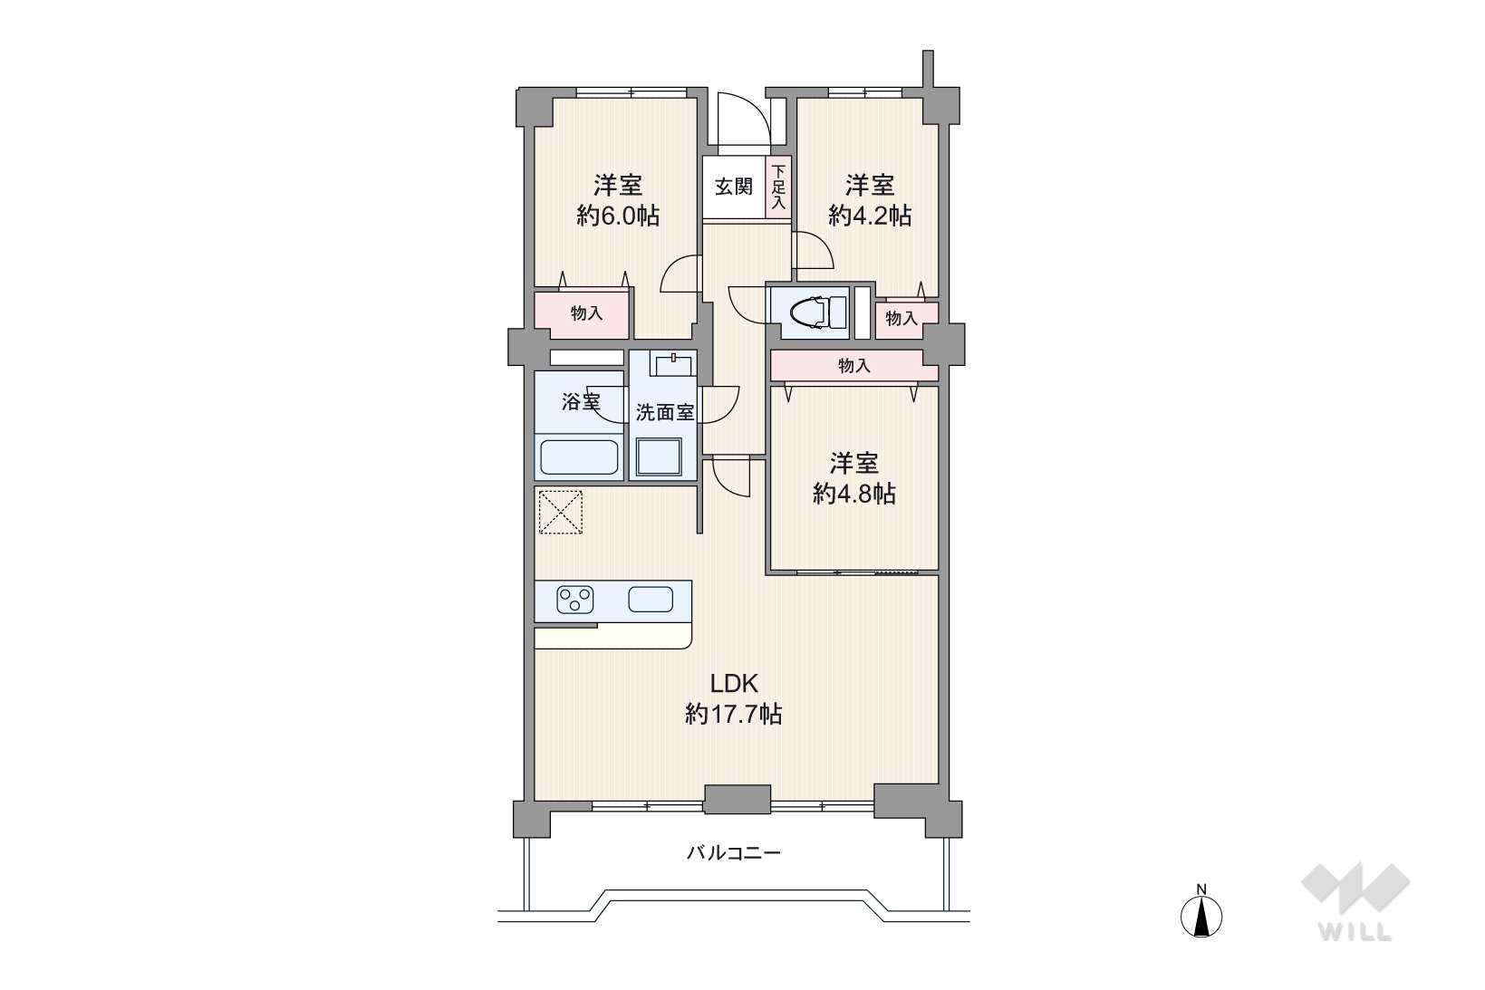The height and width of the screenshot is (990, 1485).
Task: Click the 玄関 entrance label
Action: (x=733, y=187)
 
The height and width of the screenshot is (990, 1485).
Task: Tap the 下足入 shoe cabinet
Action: (x=778, y=187)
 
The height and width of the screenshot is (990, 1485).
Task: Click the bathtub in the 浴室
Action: (x=580, y=457)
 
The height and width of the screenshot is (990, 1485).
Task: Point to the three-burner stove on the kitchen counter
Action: (x=574, y=601)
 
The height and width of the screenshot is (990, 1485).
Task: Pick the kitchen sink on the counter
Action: (x=651, y=600)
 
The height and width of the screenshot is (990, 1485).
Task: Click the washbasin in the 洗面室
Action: (x=672, y=364)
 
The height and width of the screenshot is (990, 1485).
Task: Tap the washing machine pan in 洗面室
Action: (x=659, y=457)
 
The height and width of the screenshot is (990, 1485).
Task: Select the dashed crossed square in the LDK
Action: (x=560, y=512)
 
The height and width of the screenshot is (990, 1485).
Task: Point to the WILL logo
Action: (x=1355, y=901)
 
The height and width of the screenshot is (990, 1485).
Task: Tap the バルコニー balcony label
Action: (x=733, y=852)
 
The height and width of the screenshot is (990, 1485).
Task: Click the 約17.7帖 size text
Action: (x=733, y=714)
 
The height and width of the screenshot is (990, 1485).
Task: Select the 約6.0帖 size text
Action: (x=618, y=216)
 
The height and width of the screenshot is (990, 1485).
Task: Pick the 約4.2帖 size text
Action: (x=870, y=216)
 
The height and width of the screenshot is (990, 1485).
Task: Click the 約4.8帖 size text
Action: (x=854, y=494)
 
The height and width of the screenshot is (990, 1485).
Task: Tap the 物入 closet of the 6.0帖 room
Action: (x=582, y=312)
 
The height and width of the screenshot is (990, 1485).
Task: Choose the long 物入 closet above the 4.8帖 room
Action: (x=853, y=365)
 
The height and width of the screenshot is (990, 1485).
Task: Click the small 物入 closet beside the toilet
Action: (x=906, y=320)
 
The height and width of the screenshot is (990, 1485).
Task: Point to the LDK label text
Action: (x=733, y=683)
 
